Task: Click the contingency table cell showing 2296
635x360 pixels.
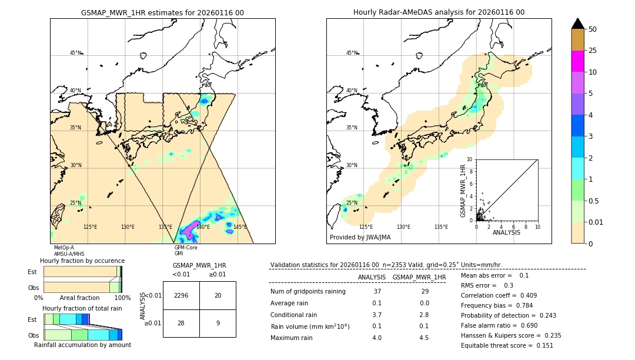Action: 181,295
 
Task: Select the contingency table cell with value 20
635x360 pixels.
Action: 218,295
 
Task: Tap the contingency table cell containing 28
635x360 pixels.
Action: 181,323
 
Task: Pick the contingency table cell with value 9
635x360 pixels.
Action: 218,323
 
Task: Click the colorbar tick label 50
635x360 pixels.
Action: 593,29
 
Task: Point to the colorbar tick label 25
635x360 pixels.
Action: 593,51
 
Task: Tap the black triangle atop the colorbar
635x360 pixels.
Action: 578,24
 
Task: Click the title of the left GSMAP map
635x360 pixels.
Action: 162,12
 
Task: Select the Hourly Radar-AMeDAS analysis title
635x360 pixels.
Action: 439,12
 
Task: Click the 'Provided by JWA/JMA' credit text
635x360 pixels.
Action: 360,238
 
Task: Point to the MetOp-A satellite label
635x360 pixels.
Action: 64,248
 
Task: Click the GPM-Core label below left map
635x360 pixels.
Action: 186,248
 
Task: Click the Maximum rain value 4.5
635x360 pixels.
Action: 423,338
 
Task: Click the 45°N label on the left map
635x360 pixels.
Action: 75,53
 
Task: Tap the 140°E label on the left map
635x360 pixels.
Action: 203,227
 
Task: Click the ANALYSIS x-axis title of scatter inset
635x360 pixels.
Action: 506,233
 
